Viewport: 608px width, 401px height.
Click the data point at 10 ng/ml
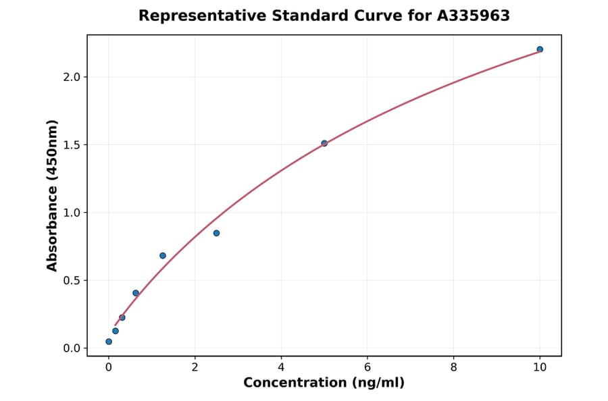540,49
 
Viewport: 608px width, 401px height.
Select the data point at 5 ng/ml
324,143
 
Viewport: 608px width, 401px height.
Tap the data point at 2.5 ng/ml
216,233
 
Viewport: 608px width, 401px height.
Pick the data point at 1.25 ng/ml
163,255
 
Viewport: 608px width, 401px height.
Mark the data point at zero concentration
109,342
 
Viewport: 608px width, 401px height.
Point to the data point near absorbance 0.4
136,293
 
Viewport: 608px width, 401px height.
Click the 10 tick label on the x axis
540,367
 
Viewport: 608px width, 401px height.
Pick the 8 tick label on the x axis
453,367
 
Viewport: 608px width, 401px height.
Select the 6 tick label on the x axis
367,367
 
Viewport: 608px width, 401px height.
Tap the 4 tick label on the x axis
281,367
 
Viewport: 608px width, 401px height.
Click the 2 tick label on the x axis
195,367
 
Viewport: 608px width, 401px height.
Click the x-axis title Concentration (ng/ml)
324,383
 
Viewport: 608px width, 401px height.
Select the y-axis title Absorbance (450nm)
53,195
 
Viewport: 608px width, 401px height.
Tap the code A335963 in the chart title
473,16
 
